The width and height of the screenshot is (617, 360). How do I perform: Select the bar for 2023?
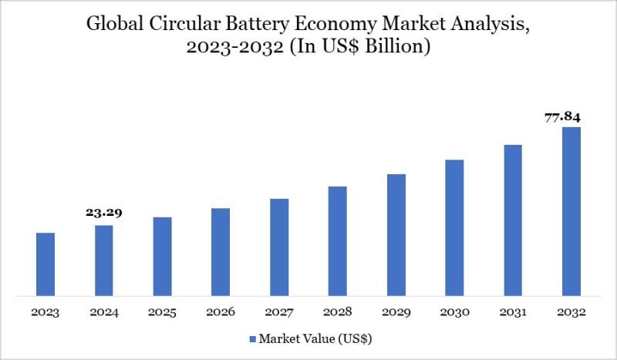click(46, 264)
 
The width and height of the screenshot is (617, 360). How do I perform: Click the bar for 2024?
click(104, 260)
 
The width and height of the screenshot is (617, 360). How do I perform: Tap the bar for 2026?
click(221, 251)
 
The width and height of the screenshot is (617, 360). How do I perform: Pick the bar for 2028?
click(337, 241)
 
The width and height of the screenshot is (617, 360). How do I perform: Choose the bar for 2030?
click(454, 227)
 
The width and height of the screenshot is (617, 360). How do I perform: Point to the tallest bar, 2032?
click(571, 211)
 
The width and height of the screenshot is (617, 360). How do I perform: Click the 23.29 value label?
click(104, 213)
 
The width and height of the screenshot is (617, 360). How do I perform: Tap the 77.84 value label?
click(561, 117)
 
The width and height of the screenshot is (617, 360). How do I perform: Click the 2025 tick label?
click(162, 313)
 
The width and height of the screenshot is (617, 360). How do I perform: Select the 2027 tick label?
click(279, 313)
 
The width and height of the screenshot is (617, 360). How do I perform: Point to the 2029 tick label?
click(396, 313)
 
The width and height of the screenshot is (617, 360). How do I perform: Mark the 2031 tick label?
click(512, 313)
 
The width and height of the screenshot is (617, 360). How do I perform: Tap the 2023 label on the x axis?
click(46, 313)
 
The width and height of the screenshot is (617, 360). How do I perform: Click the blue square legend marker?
click(252, 338)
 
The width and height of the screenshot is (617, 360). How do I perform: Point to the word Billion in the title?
click(396, 47)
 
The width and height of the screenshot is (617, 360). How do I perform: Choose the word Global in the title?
click(108, 24)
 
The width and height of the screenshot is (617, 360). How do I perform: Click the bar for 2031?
click(513, 220)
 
